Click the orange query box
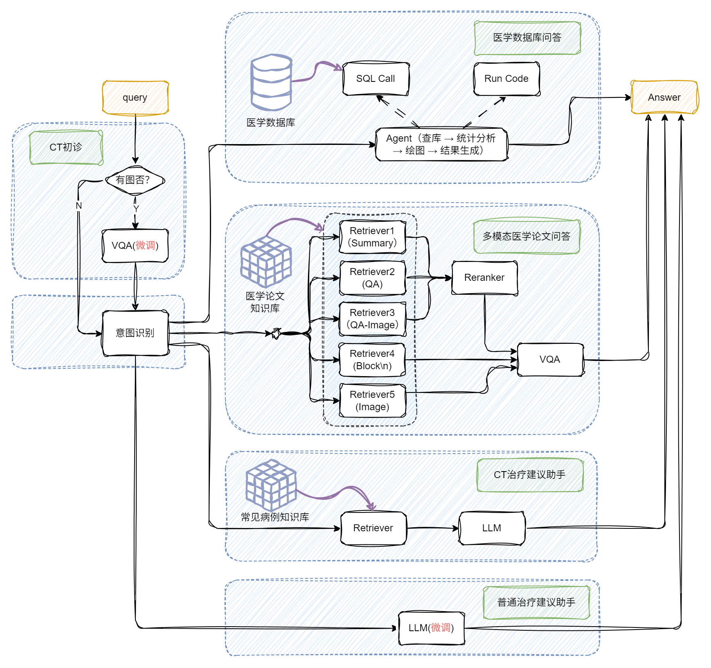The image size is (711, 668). pos(135,97)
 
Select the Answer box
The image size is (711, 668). pos(664,97)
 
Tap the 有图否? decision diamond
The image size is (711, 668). pos(135,180)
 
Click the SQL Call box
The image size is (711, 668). pos(376,79)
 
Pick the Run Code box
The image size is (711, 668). pos(506,79)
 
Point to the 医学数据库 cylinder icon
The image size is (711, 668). pos(271,82)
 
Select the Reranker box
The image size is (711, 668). pos(485,278)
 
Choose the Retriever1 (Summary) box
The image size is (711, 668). pos(373,237)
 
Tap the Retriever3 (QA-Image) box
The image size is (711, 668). pos(373,319)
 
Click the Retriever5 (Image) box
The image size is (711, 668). pos(373,401)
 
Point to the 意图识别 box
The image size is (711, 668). pos(135,333)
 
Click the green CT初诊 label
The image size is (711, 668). pos(66,147)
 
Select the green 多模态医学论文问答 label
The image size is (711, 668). pos(527,236)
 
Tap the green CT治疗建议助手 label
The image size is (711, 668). pos(530,475)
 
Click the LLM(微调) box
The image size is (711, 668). pos(432,628)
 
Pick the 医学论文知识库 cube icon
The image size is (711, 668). pos(266,262)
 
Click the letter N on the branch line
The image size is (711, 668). pos(79,205)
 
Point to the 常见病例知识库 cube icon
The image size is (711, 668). pos(271,485)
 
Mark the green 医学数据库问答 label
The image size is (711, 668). pos(527,38)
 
